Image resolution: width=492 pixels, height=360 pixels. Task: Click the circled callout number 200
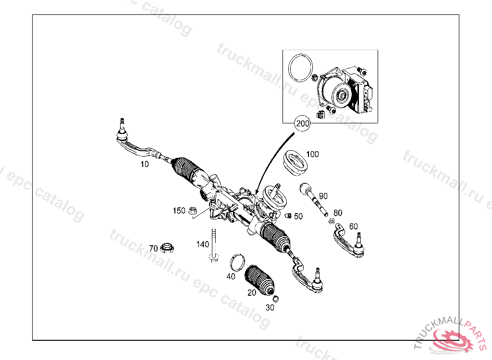[303, 123]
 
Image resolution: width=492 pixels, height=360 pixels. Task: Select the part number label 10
[145, 164]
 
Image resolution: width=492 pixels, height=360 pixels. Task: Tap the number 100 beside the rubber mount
[312, 154]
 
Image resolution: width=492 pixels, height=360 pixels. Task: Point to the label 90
[323, 196]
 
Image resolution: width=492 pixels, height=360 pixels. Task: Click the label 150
[179, 211]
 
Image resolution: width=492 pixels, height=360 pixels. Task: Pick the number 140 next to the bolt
[203, 244]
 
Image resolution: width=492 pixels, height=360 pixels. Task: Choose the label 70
[153, 249]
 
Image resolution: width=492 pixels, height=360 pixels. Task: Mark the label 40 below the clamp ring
[231, 276]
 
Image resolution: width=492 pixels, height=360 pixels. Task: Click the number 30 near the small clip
[270, 308]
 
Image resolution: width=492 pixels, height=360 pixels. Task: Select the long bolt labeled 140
[214, 245]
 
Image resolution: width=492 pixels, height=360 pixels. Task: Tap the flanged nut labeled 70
[167, 247]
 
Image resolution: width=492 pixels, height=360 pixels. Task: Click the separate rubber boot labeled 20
[259, 280]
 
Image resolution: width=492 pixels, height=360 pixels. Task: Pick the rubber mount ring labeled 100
[295, 162]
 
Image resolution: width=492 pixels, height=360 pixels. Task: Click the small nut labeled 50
[288, 216]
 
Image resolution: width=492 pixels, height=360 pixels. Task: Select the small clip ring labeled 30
[276, 299]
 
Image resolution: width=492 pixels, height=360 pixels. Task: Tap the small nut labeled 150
[192, 211]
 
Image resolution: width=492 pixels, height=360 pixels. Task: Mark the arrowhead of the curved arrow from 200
[257, 192]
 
